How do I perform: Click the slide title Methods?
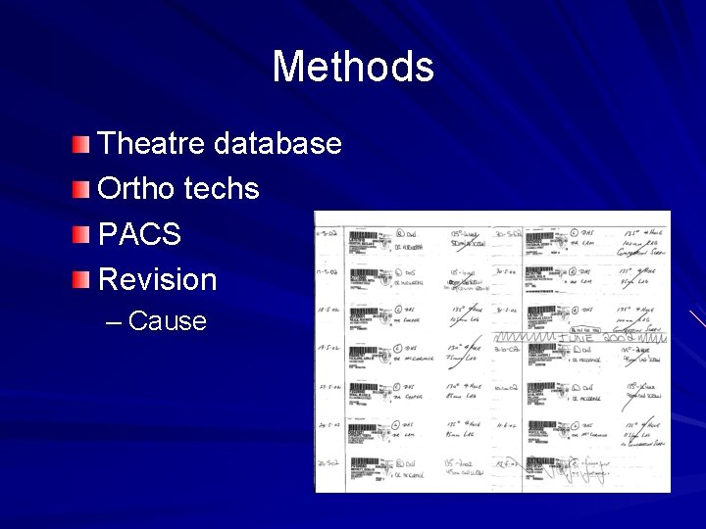click(x=353, y=68)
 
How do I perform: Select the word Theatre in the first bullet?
click(x=152, y=144)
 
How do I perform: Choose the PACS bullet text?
click(x=140, y=234)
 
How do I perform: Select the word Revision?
click(x=158, y=279)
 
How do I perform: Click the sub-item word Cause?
click(x=168, y=321)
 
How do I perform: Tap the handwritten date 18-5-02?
click(x=328, y=311)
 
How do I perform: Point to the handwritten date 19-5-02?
click(x=328, y=349)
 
